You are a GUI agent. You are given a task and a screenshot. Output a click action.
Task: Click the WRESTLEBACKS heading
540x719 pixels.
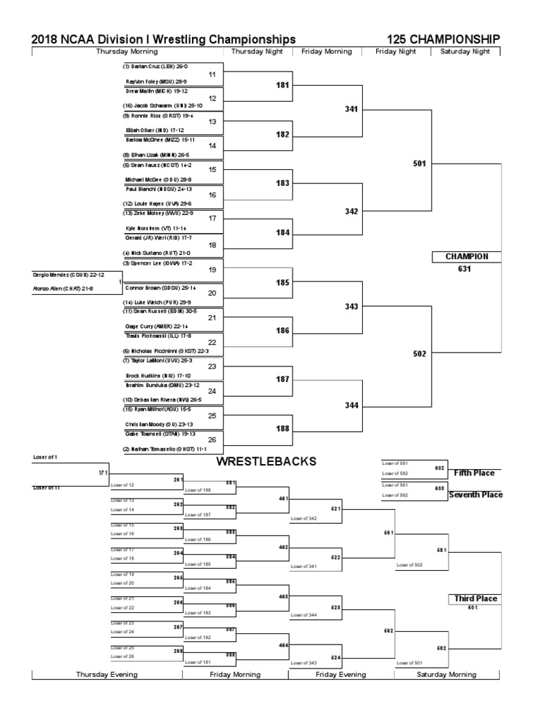coord(266,461)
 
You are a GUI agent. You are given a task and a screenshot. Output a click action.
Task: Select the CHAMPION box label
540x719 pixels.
coord(466,256)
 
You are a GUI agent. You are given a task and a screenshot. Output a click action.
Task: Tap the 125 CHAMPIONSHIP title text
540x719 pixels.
coord(443,39)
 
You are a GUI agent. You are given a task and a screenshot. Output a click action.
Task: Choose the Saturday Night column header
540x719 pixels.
coord(470,51)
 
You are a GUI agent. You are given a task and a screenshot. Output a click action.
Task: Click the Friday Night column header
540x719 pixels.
coord(396,51)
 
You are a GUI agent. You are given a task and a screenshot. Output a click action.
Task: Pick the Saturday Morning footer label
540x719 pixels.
coord(446,674)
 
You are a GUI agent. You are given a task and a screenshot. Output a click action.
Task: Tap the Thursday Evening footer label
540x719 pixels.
coord(107,674)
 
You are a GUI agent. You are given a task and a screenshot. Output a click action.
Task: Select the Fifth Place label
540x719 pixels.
coord(474,473)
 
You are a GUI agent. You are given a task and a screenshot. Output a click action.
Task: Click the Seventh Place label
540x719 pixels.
coord(476,495)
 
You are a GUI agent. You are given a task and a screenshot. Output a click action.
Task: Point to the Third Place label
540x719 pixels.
coord(475,599)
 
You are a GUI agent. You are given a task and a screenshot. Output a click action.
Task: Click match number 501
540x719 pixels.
coord(420,163)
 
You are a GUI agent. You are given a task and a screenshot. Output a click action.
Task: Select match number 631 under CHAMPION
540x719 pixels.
coord(464,268)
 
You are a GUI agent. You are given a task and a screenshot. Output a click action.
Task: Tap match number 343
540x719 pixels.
coord(352,306)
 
